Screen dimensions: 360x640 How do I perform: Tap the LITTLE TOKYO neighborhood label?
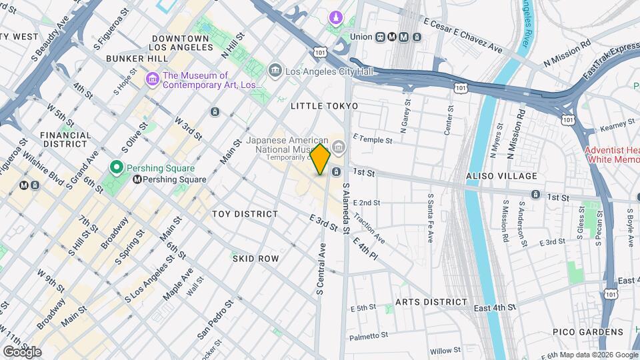(325, 106)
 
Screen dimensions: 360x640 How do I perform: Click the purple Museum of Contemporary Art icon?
(153, 80)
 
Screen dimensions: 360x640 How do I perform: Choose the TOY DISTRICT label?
(245, 214)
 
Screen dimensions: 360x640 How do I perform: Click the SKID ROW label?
(255, 258)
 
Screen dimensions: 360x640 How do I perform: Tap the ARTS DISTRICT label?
(431, 302)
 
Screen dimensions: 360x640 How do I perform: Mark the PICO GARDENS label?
(587, 332)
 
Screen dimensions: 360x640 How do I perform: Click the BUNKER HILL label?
(137, 59)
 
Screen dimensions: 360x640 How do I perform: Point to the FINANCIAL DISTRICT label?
(65, 139)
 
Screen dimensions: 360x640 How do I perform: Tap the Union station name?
(361, 37)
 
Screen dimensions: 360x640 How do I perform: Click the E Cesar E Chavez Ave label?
(463, 36)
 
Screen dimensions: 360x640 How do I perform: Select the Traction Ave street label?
(369, 228)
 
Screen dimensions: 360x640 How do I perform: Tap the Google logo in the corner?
(22, 351)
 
